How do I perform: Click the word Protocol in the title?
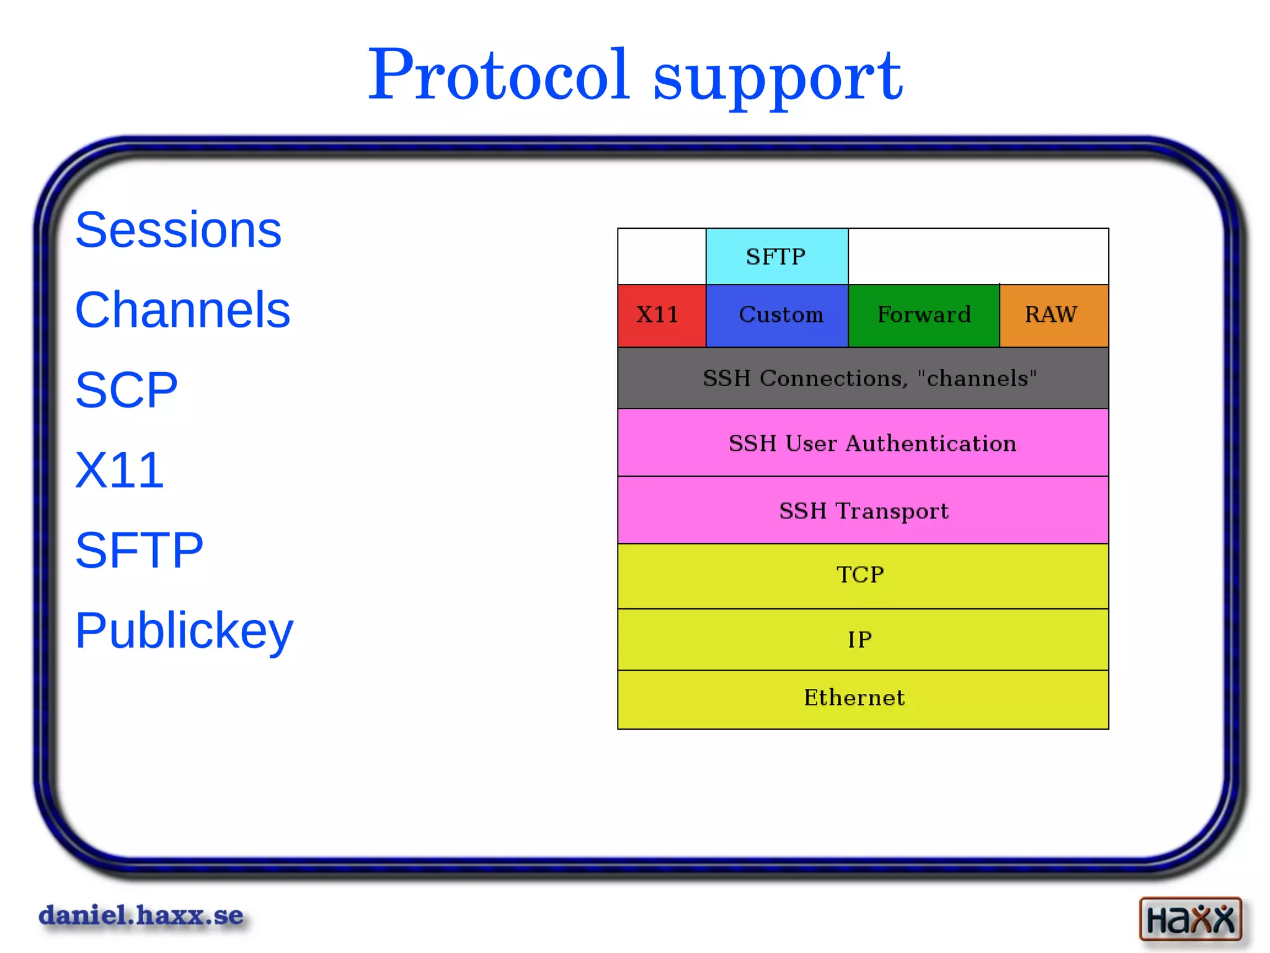coord(499,76)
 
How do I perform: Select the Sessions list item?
coord(178,230)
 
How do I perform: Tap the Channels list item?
coord(182,310)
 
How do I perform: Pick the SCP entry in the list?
coord(127,390)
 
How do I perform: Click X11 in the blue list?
coord(120,470)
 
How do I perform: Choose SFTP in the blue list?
coord(139,550)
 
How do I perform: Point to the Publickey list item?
coord(184,631)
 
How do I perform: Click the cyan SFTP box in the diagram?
coord(776,257)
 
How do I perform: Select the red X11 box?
coord(661,316)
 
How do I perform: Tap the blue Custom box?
coord(777,316)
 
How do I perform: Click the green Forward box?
coord(923,316)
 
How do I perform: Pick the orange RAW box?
coord(1053,316)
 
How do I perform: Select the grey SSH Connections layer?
coord(863,378)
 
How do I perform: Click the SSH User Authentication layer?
coord(863,443)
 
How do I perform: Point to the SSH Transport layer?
coord(863,511)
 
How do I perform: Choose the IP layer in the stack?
coord(863,640)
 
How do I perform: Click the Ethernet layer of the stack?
coord(863,699)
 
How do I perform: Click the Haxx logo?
coord(1190,919)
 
